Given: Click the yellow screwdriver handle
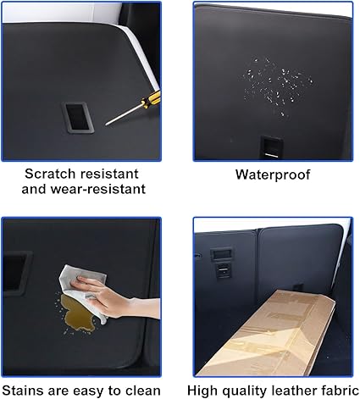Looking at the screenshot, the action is pos(152,100).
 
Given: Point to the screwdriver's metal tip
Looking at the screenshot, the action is pos(107,124).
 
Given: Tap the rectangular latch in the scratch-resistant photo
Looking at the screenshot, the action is pos(77,118).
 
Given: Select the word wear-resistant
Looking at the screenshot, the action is pos(98,189).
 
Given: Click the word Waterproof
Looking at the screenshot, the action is pos(273,175).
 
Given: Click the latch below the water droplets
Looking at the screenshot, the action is pos(272,147).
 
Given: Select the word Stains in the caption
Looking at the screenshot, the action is pos(23,391).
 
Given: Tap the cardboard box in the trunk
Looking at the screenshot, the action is pos(266,333).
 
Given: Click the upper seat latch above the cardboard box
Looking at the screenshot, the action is pos(221,254).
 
